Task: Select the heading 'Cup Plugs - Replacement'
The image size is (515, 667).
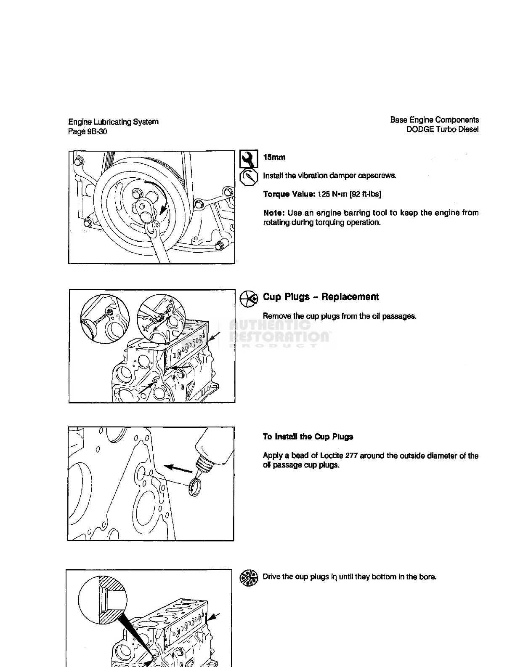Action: (x=321, y=297)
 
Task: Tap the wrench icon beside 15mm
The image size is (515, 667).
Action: (x=249, y=159)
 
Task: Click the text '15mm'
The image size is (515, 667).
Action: (x=274, y=157)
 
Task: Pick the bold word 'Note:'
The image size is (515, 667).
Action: (x=274, y=213)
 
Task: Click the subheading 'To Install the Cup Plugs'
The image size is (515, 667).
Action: (x=308, y=437)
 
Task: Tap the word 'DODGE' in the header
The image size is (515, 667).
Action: (x=420, y=130)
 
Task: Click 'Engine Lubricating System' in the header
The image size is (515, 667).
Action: (x=114, y=122)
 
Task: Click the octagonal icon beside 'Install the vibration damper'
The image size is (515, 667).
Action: (x=248, y=178)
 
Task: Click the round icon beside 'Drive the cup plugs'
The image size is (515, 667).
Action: (x=248, y=578)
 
